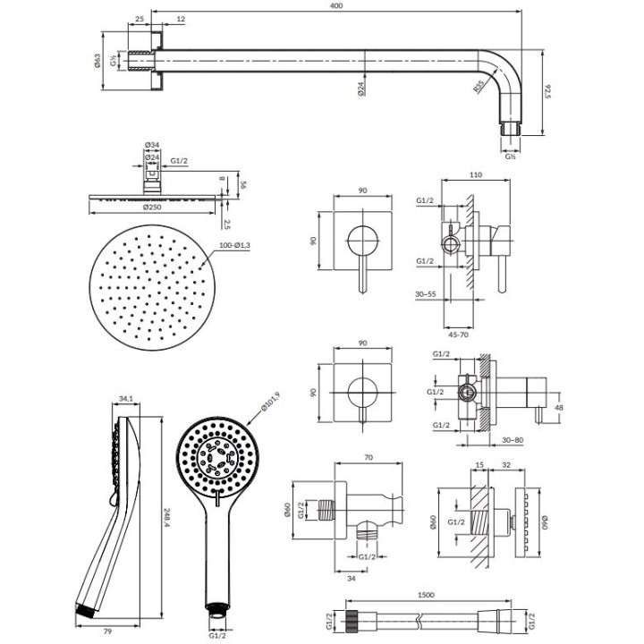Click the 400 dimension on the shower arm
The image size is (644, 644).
coord(336,5)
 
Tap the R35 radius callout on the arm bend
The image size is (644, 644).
coord(478,87)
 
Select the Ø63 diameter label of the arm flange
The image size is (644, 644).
coord(97,61)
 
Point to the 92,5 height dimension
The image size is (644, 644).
coord(547,91)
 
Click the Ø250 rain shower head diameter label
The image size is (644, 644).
coord(152,207)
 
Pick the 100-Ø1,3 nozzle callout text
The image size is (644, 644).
coord(234,245)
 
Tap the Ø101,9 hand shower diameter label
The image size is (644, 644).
coord(271,402)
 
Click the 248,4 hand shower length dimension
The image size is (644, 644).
coord(166,519)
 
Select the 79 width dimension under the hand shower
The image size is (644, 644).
coord(107,631)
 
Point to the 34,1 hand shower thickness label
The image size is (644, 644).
coord(126,398)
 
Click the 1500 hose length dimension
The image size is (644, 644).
coord(426,595)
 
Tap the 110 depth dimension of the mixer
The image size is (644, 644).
coord(475,174)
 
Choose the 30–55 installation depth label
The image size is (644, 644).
coord(426,294)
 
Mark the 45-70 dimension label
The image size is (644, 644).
coord(458,335)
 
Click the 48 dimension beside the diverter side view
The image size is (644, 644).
coord(558,408)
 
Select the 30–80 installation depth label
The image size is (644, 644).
coord(513,440)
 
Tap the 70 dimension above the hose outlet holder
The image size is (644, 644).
coord(369,457)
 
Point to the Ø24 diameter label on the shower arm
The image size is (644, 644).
coord(361,89)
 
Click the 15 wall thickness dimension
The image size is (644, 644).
coord(479,465)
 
